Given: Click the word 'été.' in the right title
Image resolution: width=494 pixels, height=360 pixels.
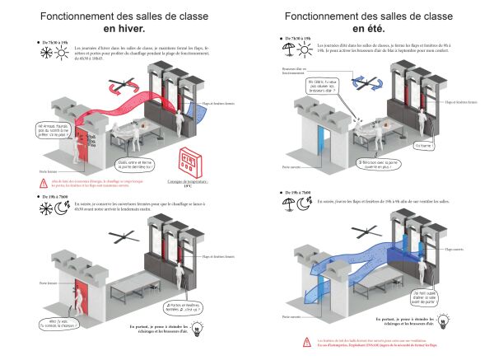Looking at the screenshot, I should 370,29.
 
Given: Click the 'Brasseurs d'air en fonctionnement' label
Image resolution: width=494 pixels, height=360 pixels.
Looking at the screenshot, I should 293,71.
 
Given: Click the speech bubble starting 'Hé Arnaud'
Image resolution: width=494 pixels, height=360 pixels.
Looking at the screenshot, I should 49,130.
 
